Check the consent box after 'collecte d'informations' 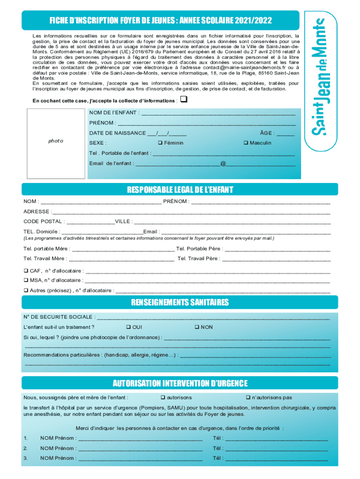[x=184, y=100]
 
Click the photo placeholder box [x=57, y=141]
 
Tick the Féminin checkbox [x=160, y=143]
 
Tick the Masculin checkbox [x=245, y=143]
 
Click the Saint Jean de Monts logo [x=320, y=77]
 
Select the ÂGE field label [x=267, y=133]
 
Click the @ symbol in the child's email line [x=223, y=163]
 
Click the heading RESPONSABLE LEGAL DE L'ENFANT [x=180, y=189]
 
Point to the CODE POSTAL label [x=43, y=221]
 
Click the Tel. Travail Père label [x=198, y=258]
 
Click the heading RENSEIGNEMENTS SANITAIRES [x=180, y=303]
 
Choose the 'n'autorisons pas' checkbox [x=248, y=398]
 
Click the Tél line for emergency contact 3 [x=277, y=458]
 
